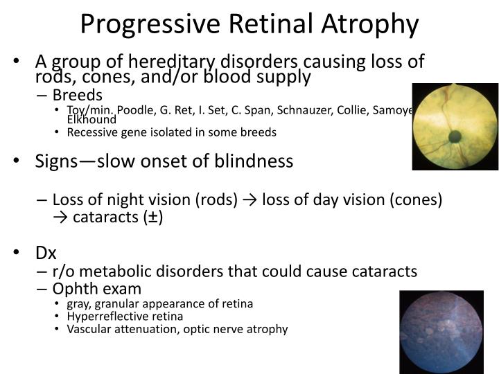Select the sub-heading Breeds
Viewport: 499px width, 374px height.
click(78, 95)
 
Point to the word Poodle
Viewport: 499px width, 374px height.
click(135, 110)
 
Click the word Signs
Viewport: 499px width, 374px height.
click(59, 161)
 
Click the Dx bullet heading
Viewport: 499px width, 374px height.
click(46, 253)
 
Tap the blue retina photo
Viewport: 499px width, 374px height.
click(442, 332)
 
